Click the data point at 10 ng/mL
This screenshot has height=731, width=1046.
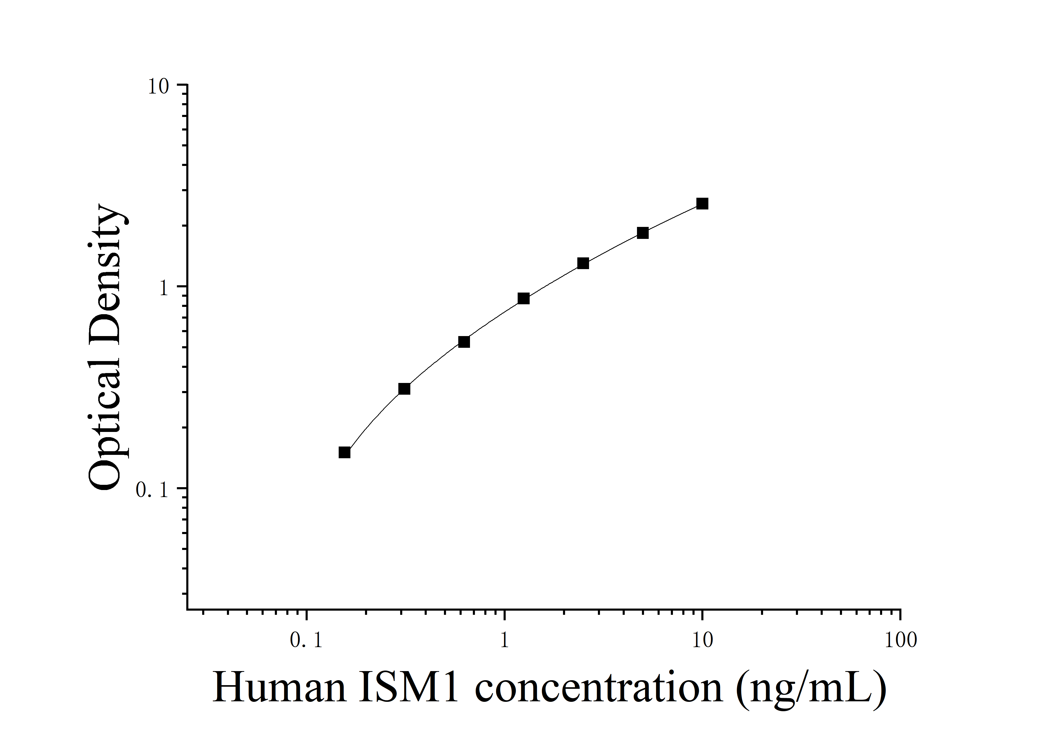pos(702,203)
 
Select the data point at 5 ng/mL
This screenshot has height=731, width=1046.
pos(642,233)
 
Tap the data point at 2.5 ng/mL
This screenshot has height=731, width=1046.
pos(583,263)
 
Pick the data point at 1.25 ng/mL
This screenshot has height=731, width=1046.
pos(523,298)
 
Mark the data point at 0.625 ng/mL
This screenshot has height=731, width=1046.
pos(464,342)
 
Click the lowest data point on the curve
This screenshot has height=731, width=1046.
pos(344,452)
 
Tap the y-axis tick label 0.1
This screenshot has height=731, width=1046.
pos(152,490)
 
